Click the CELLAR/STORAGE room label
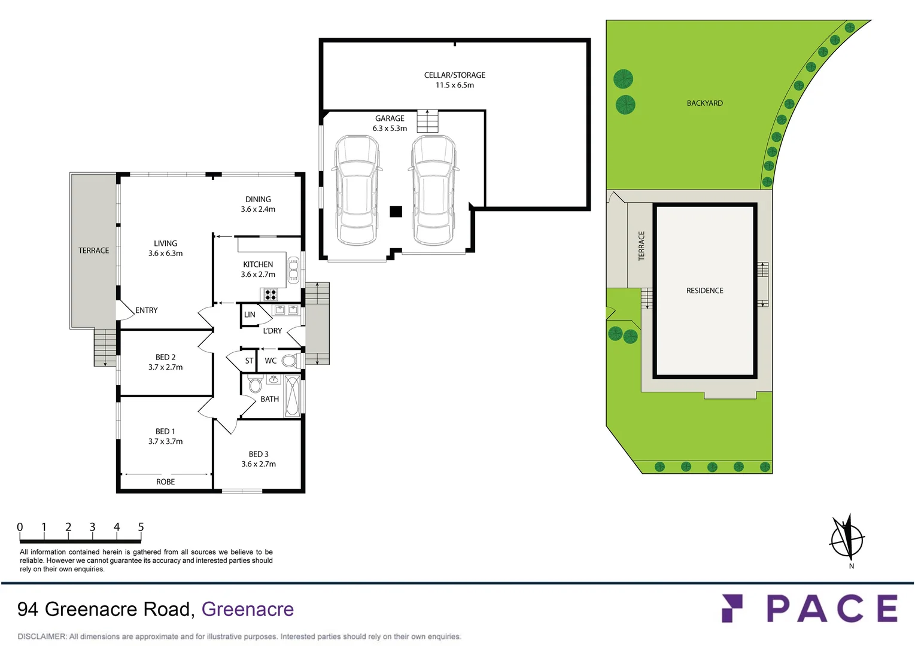[x=454, y=75]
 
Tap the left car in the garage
[x=357, y=190]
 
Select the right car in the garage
[x=433, y=190]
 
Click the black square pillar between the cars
[x=396, y=211]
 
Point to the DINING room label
[x=258, y=200]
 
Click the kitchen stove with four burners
[x=270, y=294]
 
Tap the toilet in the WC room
[x=289, y=361]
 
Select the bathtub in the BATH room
[x=292, y=395]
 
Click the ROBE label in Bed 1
[x=165, y=482]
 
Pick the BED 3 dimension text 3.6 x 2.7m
[x=259, y=464]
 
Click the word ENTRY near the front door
[x=147, y=310]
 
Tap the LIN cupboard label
[x=250, y=315]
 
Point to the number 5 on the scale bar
[x=141, y=527]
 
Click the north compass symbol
[x=847, y=538]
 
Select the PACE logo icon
[x=732, y=608]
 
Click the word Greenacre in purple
[x=247, y=609]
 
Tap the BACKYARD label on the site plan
[x=704, y=103]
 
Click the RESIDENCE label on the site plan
[x=704, y=291]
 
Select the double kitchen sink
[x=293, y=270]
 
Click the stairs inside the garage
[x=427, y=121]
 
